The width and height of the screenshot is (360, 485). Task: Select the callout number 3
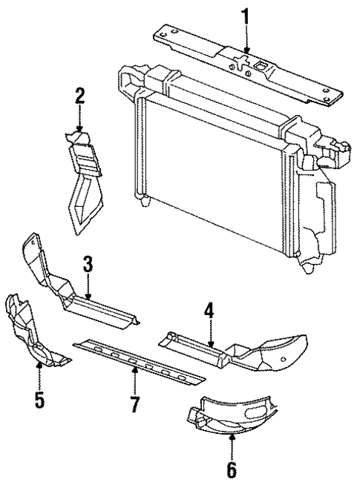click(x=88, y=263)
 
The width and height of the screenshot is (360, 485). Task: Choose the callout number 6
click(x=232, y=469)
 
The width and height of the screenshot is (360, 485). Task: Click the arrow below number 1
click(x=245, y=41)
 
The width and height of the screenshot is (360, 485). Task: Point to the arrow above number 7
click(x=134, y=382)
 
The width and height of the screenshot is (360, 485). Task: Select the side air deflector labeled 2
click(x=83, y=178)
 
